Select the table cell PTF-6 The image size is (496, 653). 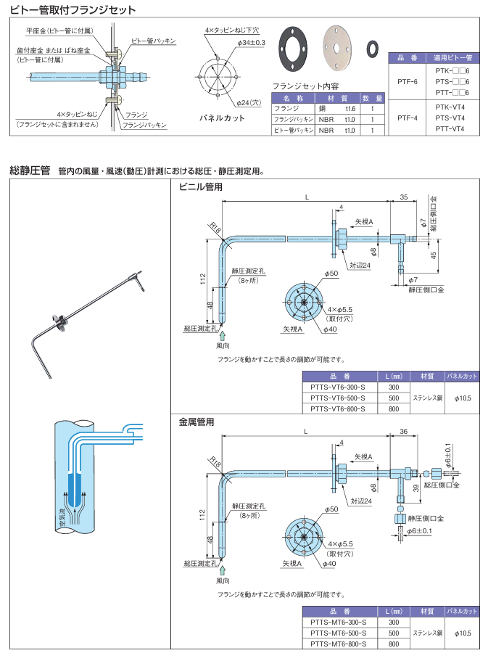click(x=408, y=81)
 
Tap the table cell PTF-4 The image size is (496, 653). click(x=408, y=117)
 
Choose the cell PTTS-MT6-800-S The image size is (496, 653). click(x=338, y=644)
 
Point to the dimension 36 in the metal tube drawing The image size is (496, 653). click(x=403, y=432)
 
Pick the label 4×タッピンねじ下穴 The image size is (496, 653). click(x=231, y=30)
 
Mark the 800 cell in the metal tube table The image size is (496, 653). click(x=394, y=644)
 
